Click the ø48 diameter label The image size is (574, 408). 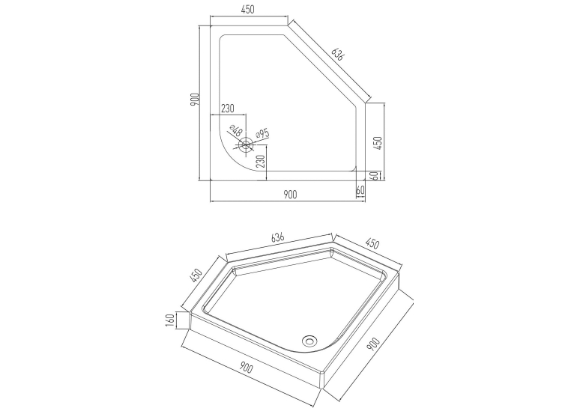point(236,130)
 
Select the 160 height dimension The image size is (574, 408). point(170,320)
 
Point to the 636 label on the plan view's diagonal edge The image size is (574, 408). point(338,55)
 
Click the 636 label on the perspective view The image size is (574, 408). point(278,237)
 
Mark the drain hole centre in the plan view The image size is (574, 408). point(246,144)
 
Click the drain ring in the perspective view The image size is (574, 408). point(309,341)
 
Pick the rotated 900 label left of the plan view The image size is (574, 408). point(195,100)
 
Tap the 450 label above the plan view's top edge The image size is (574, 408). point(248,10)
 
